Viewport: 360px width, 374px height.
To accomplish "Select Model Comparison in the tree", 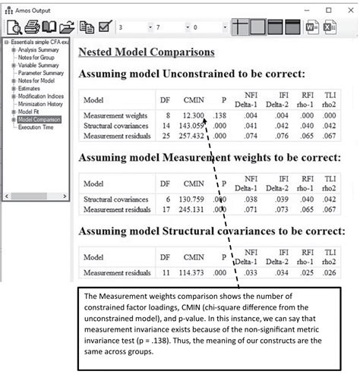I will click(36, 119).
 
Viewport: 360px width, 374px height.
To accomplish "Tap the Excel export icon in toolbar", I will click(330, 27).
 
